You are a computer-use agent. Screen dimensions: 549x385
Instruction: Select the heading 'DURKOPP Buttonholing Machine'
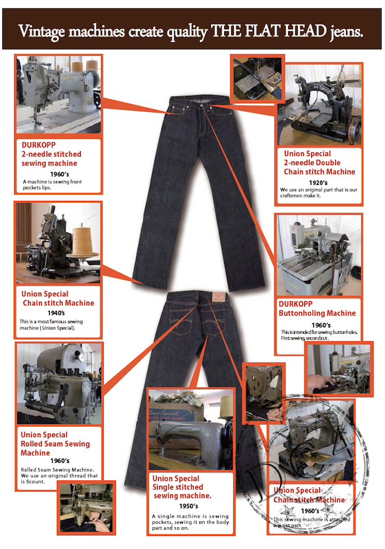317,308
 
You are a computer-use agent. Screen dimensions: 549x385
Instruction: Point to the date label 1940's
58,313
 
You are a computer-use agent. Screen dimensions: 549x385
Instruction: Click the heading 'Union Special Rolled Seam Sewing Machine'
55,443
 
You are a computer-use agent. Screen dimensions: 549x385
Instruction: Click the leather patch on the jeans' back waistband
218,299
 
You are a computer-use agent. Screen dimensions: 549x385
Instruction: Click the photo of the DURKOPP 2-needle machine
59,94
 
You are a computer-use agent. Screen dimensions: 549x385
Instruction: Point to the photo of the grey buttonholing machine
318,255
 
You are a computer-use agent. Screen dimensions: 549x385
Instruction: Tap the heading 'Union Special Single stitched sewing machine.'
181,487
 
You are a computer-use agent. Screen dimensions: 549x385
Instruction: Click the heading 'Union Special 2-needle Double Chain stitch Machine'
319,163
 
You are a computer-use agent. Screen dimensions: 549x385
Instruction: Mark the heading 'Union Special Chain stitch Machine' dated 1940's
57,298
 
